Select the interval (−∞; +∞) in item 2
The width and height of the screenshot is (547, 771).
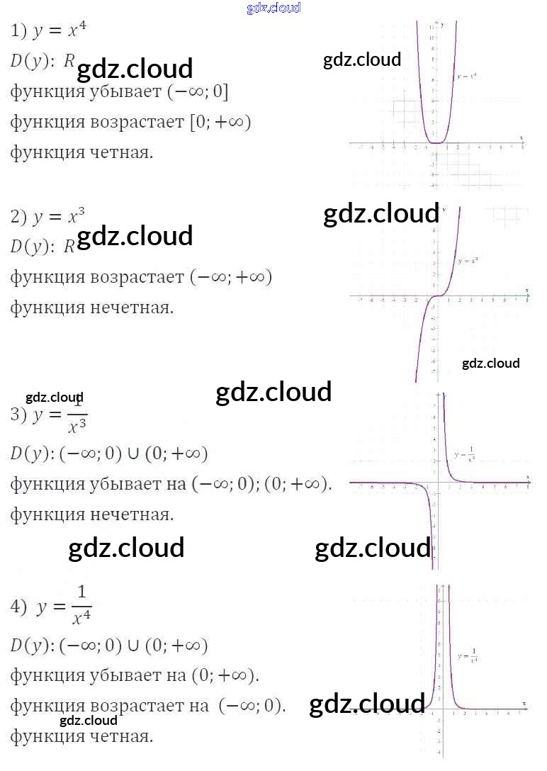(x=230, y=277)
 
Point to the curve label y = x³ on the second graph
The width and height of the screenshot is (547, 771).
(x=468, y=261)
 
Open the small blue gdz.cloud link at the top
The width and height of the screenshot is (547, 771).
(x=273, y=8)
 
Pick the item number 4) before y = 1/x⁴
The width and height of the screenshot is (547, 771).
(x=18, y=607)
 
